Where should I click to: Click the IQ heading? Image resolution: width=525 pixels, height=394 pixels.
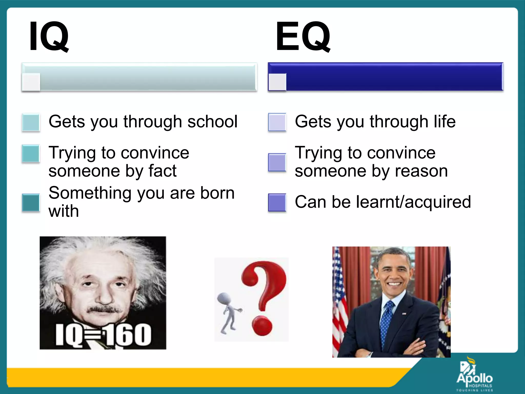point(49,36)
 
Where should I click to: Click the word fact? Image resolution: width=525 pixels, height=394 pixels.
point(162,171)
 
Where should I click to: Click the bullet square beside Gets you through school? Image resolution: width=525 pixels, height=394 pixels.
point(31,123)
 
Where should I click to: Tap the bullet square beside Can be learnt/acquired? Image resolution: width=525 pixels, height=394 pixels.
point(277,203)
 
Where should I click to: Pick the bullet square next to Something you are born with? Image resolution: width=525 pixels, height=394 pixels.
point(31,203)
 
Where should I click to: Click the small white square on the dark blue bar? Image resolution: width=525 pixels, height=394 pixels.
point(277,82)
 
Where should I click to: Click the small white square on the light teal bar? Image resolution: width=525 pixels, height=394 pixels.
point(31,82)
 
